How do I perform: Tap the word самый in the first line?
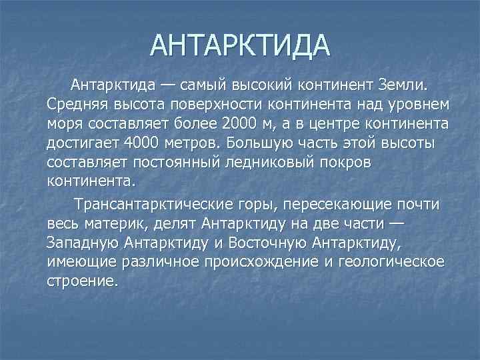coord(202,86)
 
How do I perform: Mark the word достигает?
coord(79,143)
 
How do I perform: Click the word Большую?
coord(258,143)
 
